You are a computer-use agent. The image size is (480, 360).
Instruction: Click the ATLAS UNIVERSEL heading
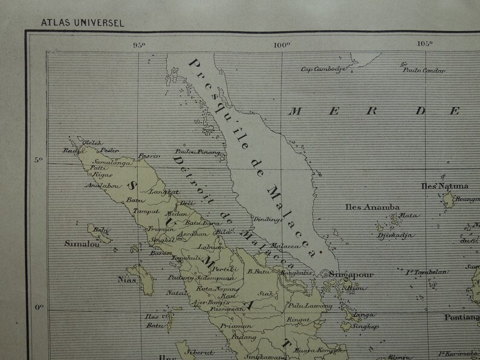click(82, 24)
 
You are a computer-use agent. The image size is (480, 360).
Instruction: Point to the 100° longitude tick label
click(282, 43)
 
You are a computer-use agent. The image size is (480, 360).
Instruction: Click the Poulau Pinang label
click(192, 152)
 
